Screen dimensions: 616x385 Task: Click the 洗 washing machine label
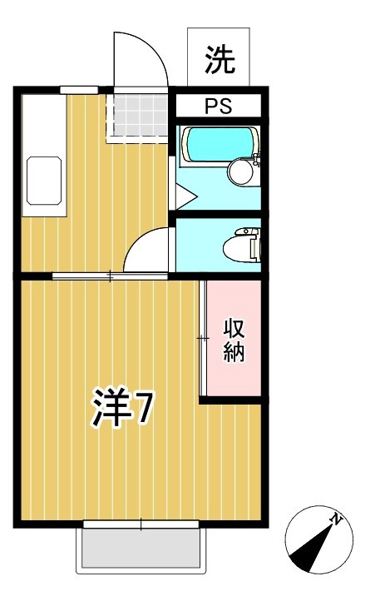pos(220,59)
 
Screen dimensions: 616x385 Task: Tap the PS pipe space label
pos(219,107)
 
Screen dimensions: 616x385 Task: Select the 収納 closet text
pos(233,340)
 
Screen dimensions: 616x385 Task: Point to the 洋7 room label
pos(121,407)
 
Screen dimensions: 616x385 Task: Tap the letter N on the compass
pos(337,519)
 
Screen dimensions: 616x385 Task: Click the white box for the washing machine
pos(220,55)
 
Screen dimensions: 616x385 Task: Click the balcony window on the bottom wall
pos(141,524)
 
